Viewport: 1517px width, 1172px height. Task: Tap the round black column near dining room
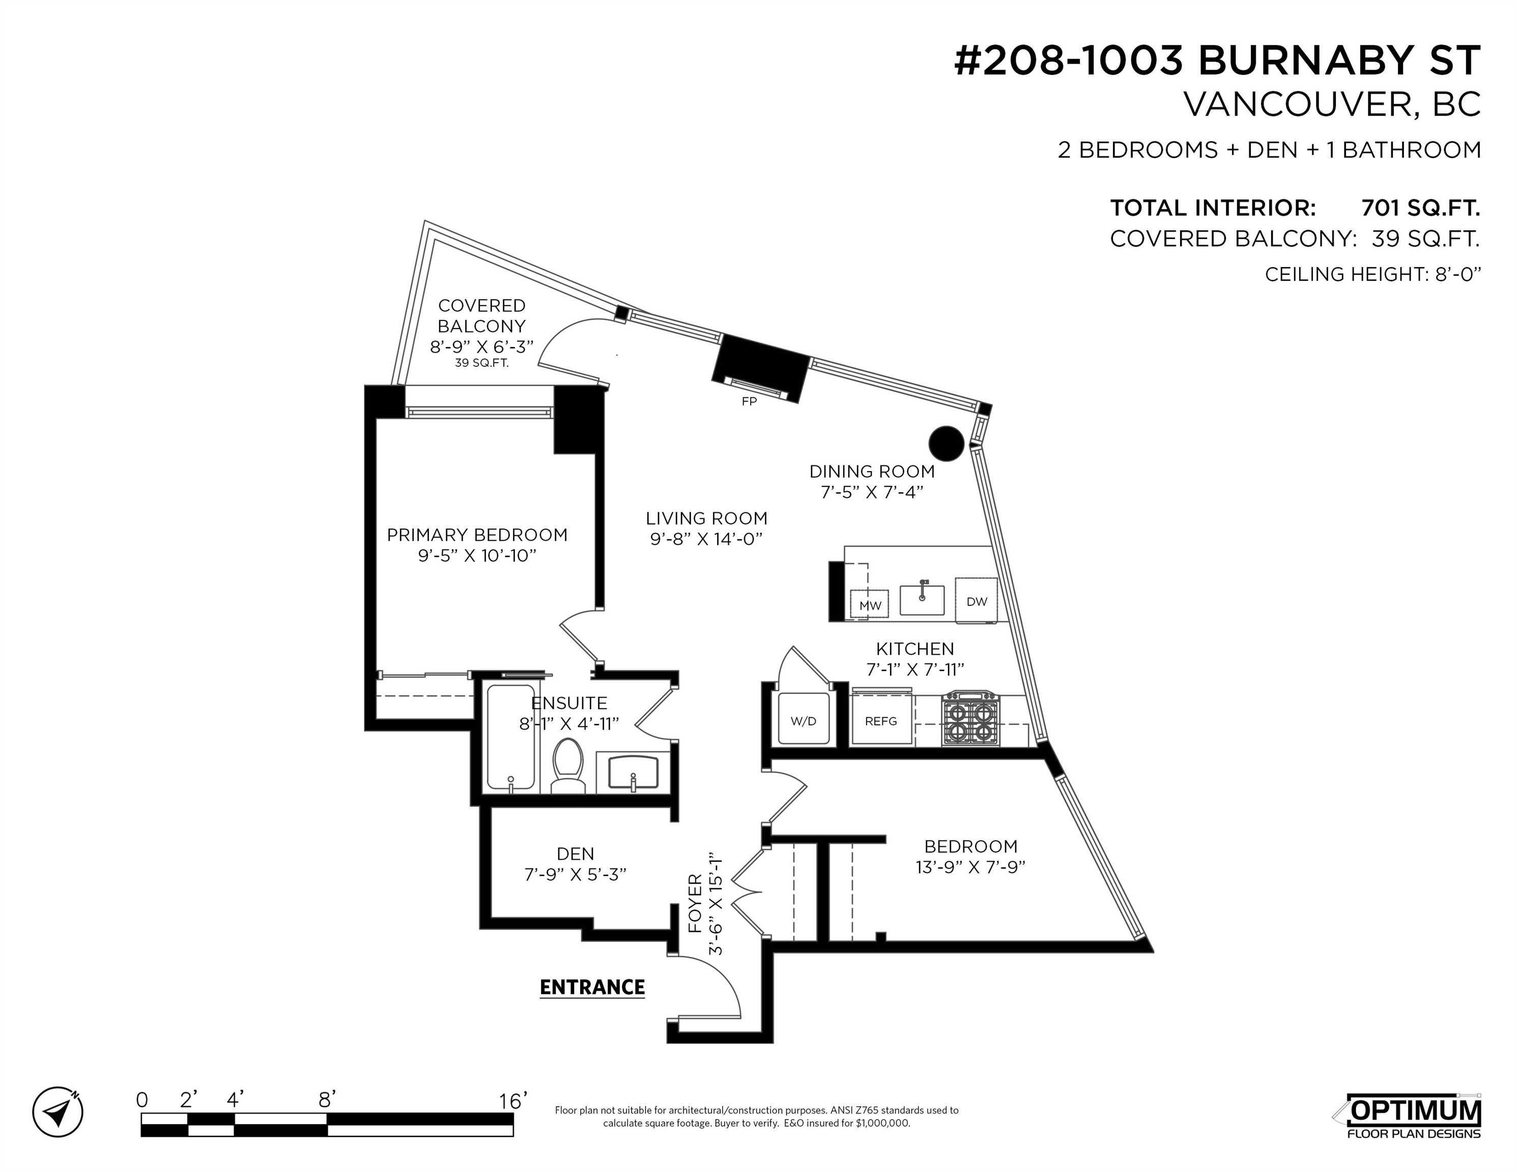pos(947,443)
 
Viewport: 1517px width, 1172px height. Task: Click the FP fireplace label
pos(749,401)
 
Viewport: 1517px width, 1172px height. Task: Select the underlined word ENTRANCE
pos(592,987)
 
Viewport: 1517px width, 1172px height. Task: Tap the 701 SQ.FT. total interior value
pos(1420,208)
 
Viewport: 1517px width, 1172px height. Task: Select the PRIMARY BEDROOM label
pos(477,535)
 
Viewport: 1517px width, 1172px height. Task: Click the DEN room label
pos(575,853)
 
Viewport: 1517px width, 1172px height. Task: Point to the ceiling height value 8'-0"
pos(1458,274)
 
